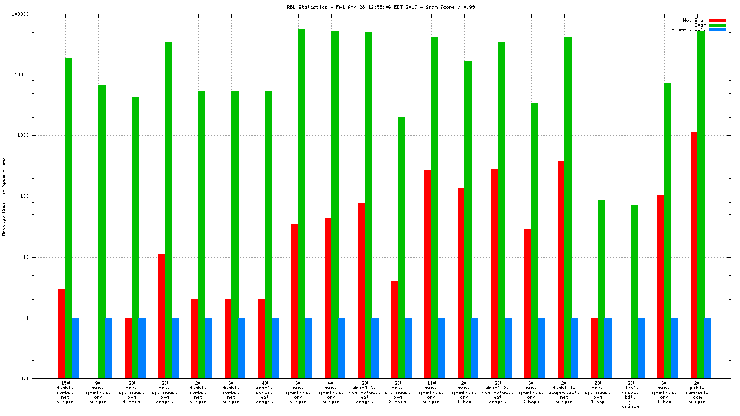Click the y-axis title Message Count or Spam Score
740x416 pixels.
(x=4, y=196)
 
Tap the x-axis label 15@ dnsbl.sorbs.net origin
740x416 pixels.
(x=65, y=392)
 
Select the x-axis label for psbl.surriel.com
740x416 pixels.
(x=697, y=392)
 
